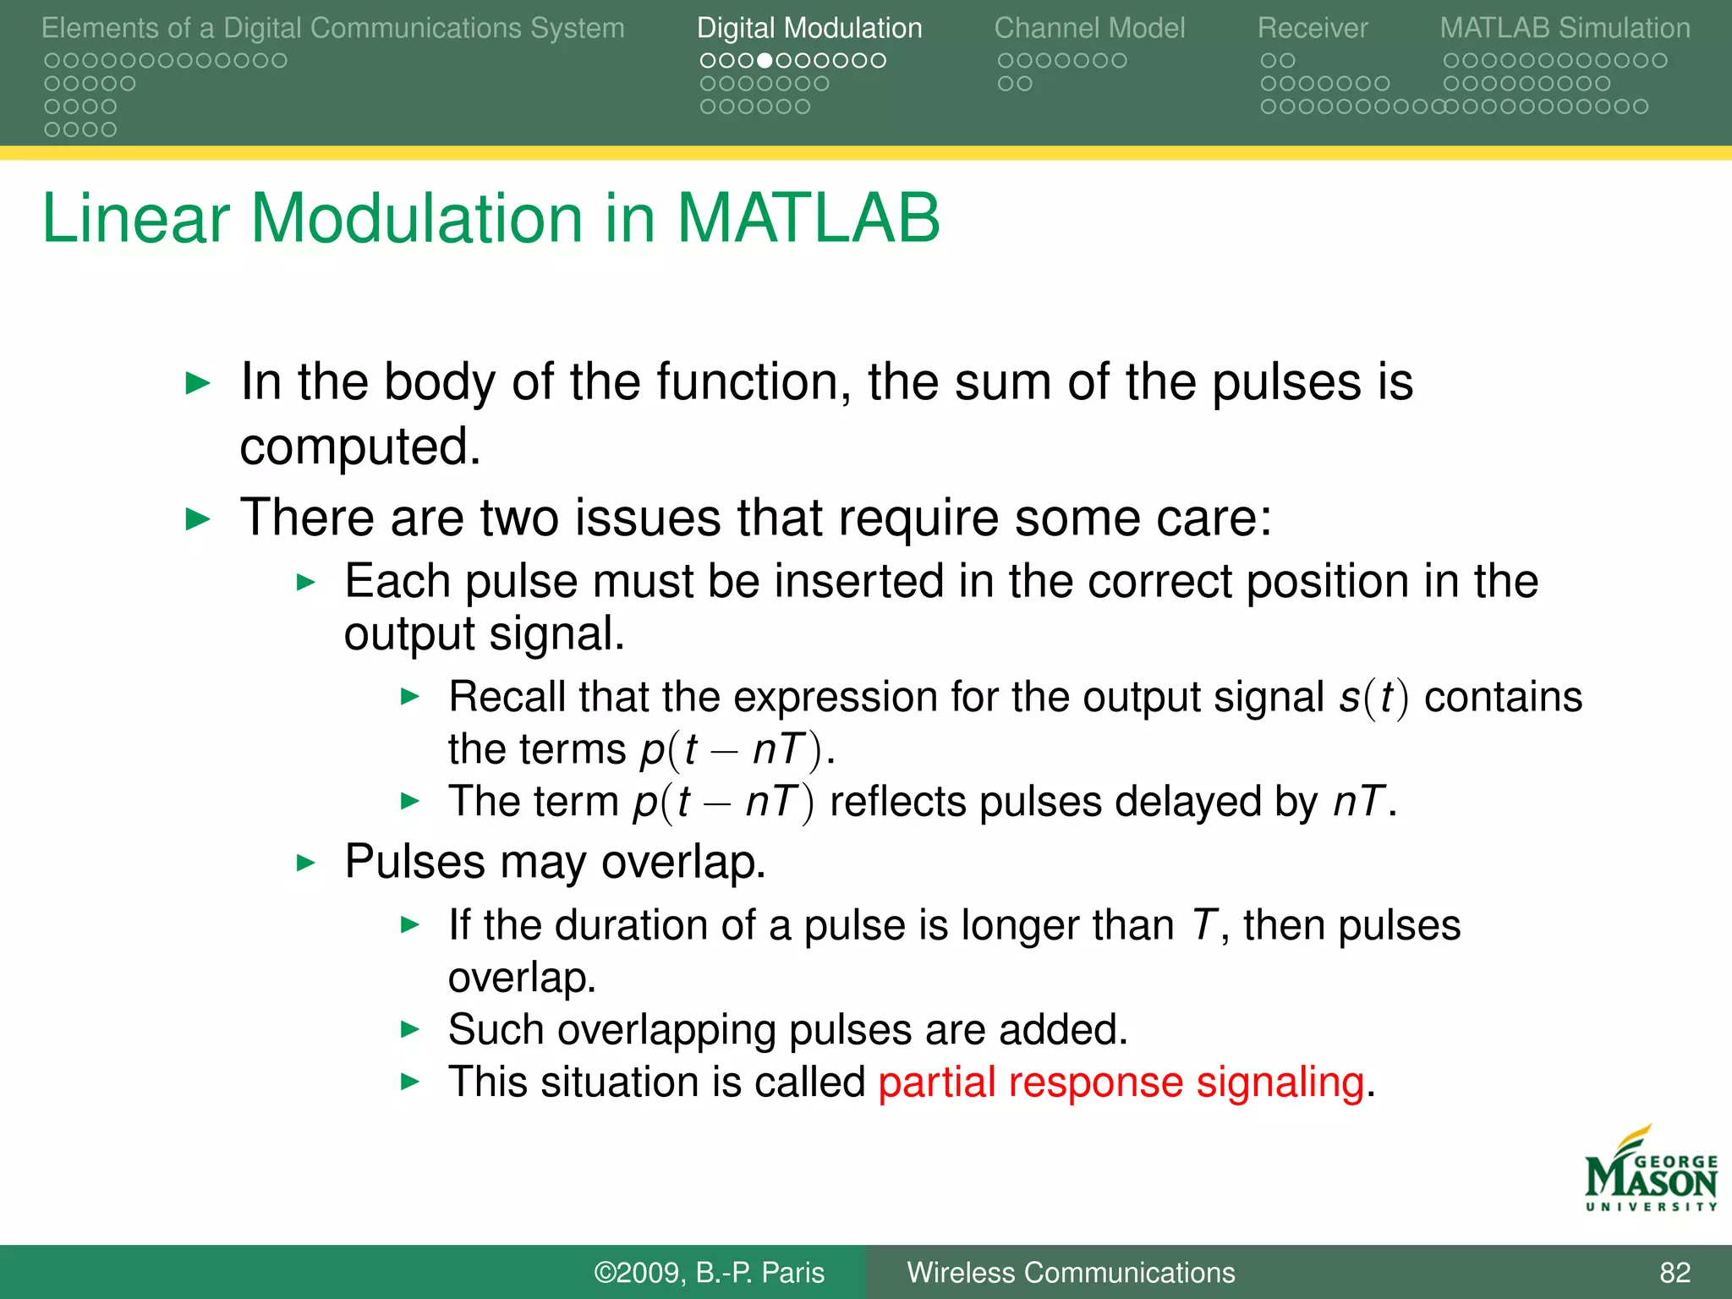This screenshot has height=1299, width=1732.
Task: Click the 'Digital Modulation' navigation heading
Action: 808,29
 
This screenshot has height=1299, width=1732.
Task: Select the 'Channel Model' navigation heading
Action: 1089,29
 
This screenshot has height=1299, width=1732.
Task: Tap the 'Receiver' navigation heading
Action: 1312,29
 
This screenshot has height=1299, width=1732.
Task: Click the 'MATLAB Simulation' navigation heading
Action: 1565,29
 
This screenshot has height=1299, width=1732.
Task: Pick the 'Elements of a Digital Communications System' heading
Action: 332,29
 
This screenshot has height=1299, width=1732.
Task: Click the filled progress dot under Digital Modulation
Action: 765,61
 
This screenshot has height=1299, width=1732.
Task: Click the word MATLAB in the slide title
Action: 808,218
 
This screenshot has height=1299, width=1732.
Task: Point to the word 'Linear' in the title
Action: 135,218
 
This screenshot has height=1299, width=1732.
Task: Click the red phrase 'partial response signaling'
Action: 1121,1082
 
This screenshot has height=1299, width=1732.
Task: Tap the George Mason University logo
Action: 1650,1171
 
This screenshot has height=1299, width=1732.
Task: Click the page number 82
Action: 1674,1273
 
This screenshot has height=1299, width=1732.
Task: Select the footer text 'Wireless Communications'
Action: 1071,1273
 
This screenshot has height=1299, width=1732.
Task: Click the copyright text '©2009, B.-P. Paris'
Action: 709,1273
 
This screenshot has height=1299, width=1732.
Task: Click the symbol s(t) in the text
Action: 1373,698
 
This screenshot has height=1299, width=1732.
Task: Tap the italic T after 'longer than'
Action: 1204,925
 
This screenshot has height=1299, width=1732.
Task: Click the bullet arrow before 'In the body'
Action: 197,383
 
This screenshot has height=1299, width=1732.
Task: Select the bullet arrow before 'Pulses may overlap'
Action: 306,863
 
